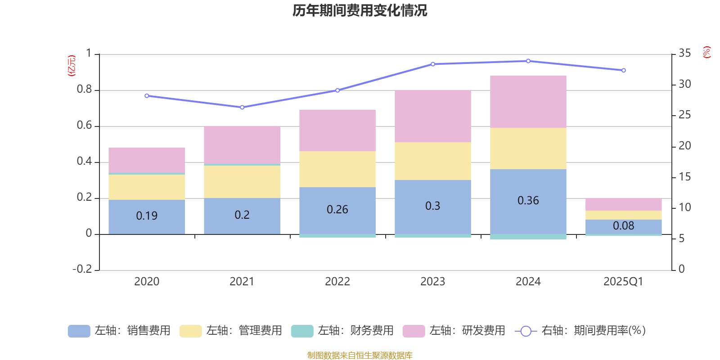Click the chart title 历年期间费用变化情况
tap(360, 10)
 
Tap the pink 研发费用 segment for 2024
tap(528, 102)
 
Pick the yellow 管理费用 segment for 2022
tap(337, 169)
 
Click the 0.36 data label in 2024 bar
tap(528, 201)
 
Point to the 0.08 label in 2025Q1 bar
tap(623, 226)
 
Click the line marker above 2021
tap(242, 108)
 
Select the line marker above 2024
tap(528, 61)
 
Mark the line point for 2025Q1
tap(623, 71)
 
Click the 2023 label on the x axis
tap(432, 282)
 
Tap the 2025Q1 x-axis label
tap(623, 282)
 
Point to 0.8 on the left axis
tap(84, 90)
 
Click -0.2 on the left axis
tap(82, 269)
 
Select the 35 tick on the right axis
tap(684, 54)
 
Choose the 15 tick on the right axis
tap(684, 177)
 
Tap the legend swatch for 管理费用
tap(190, 331)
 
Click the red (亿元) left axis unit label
tap(72, 66)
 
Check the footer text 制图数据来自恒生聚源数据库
tap(360, 355)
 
